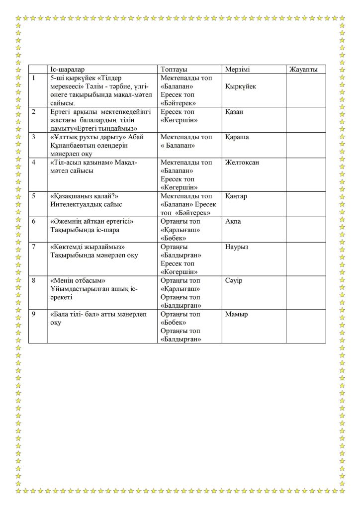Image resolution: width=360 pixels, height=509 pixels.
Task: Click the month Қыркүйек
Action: (x=241, y=86)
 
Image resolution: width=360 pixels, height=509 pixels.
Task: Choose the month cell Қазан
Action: (x=234, y=112)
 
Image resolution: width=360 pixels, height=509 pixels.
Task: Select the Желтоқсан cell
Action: (x=242, y=163)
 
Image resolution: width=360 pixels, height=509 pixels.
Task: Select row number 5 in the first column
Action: (x=34, y=196)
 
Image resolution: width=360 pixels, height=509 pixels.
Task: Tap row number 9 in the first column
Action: (x=34, y=314)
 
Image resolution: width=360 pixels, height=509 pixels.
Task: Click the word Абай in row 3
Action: (x=136, y=137)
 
